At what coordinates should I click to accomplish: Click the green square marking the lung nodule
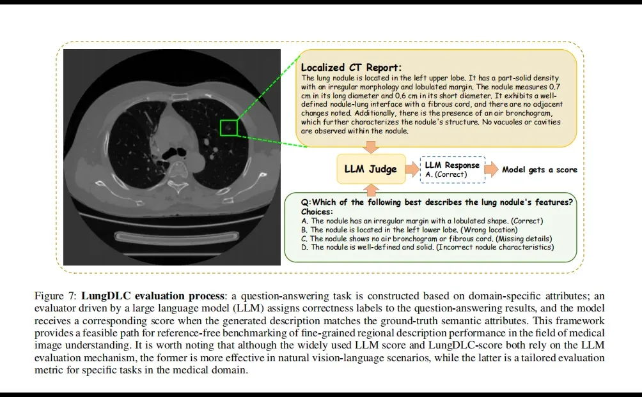click(228, 128)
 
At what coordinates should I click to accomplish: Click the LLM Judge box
click(370, 169)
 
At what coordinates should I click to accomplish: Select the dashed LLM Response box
click(452, 170)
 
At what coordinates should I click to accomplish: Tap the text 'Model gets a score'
click(539, 170)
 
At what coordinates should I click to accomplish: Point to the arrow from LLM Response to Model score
click(492, 170)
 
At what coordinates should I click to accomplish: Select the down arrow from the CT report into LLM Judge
click(370, 148)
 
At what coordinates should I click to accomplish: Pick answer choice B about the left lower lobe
click(413, 230)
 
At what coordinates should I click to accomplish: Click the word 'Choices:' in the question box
click(318, 211)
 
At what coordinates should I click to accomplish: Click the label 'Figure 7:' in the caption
click(56, 296)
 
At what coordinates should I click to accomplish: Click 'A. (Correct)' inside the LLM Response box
click(446, 174)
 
